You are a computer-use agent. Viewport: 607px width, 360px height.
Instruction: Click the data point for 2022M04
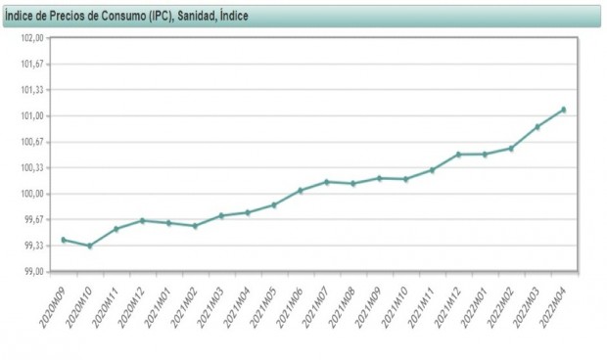564,110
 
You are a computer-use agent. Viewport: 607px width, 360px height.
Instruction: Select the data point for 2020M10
90,246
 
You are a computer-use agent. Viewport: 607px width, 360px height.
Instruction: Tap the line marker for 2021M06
301,190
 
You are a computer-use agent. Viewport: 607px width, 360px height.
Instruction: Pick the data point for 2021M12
458,155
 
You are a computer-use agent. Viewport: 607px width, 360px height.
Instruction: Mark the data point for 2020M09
64,240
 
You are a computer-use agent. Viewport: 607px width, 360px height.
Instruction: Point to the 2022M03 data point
537,127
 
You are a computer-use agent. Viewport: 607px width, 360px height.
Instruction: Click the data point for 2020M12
143,220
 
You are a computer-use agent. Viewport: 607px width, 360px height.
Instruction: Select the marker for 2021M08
353,183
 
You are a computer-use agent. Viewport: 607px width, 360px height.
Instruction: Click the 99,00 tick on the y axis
34,271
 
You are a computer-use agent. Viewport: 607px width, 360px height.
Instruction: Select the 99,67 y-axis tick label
34,219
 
